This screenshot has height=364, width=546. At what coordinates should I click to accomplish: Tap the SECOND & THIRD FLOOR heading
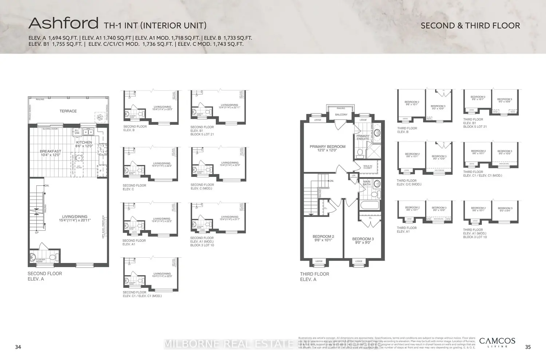(470, 25)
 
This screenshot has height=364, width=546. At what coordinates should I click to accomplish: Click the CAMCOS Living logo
(497, 342)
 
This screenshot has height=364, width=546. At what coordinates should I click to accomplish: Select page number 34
(18, 347)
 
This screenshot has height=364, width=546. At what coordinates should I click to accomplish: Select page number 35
(528, 347)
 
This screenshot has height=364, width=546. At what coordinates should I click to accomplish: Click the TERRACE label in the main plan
(68, 111)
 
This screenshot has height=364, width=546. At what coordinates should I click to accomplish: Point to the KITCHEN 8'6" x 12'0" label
(84, 144)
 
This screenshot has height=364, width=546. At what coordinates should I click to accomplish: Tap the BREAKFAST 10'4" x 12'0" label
(51, 153)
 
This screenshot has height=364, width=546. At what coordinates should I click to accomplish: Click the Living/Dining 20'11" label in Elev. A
(75, 218)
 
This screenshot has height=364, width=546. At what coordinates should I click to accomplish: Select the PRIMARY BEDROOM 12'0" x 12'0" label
(328, 148)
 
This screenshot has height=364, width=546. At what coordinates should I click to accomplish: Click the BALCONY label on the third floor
(341, 115)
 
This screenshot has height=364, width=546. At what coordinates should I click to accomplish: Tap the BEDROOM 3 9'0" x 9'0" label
(363, 241)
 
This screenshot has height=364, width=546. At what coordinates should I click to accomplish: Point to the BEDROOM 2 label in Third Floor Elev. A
(323, 238)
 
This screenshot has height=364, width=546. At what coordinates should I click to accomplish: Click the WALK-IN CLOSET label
(368, 167)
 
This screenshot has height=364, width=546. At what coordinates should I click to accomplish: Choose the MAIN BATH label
(367, 183)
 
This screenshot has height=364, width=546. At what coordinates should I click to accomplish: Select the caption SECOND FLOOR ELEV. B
(135, 128)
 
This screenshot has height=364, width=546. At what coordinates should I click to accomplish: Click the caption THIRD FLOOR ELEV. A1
(407, 230)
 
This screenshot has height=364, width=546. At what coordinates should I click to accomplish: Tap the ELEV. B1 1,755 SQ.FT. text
(55, 44)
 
